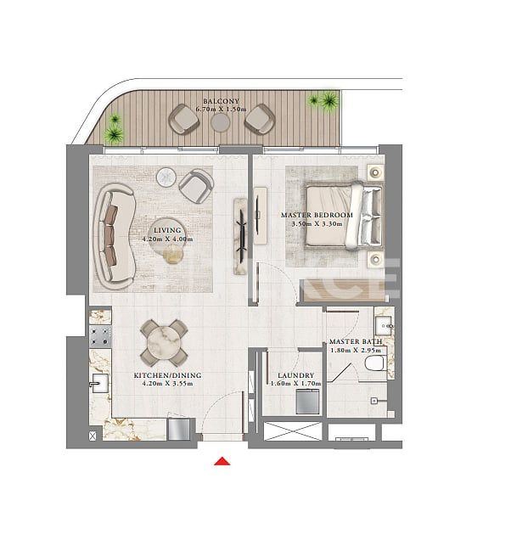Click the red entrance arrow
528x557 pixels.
pos(222,461)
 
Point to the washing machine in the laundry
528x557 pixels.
pos(306,402)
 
